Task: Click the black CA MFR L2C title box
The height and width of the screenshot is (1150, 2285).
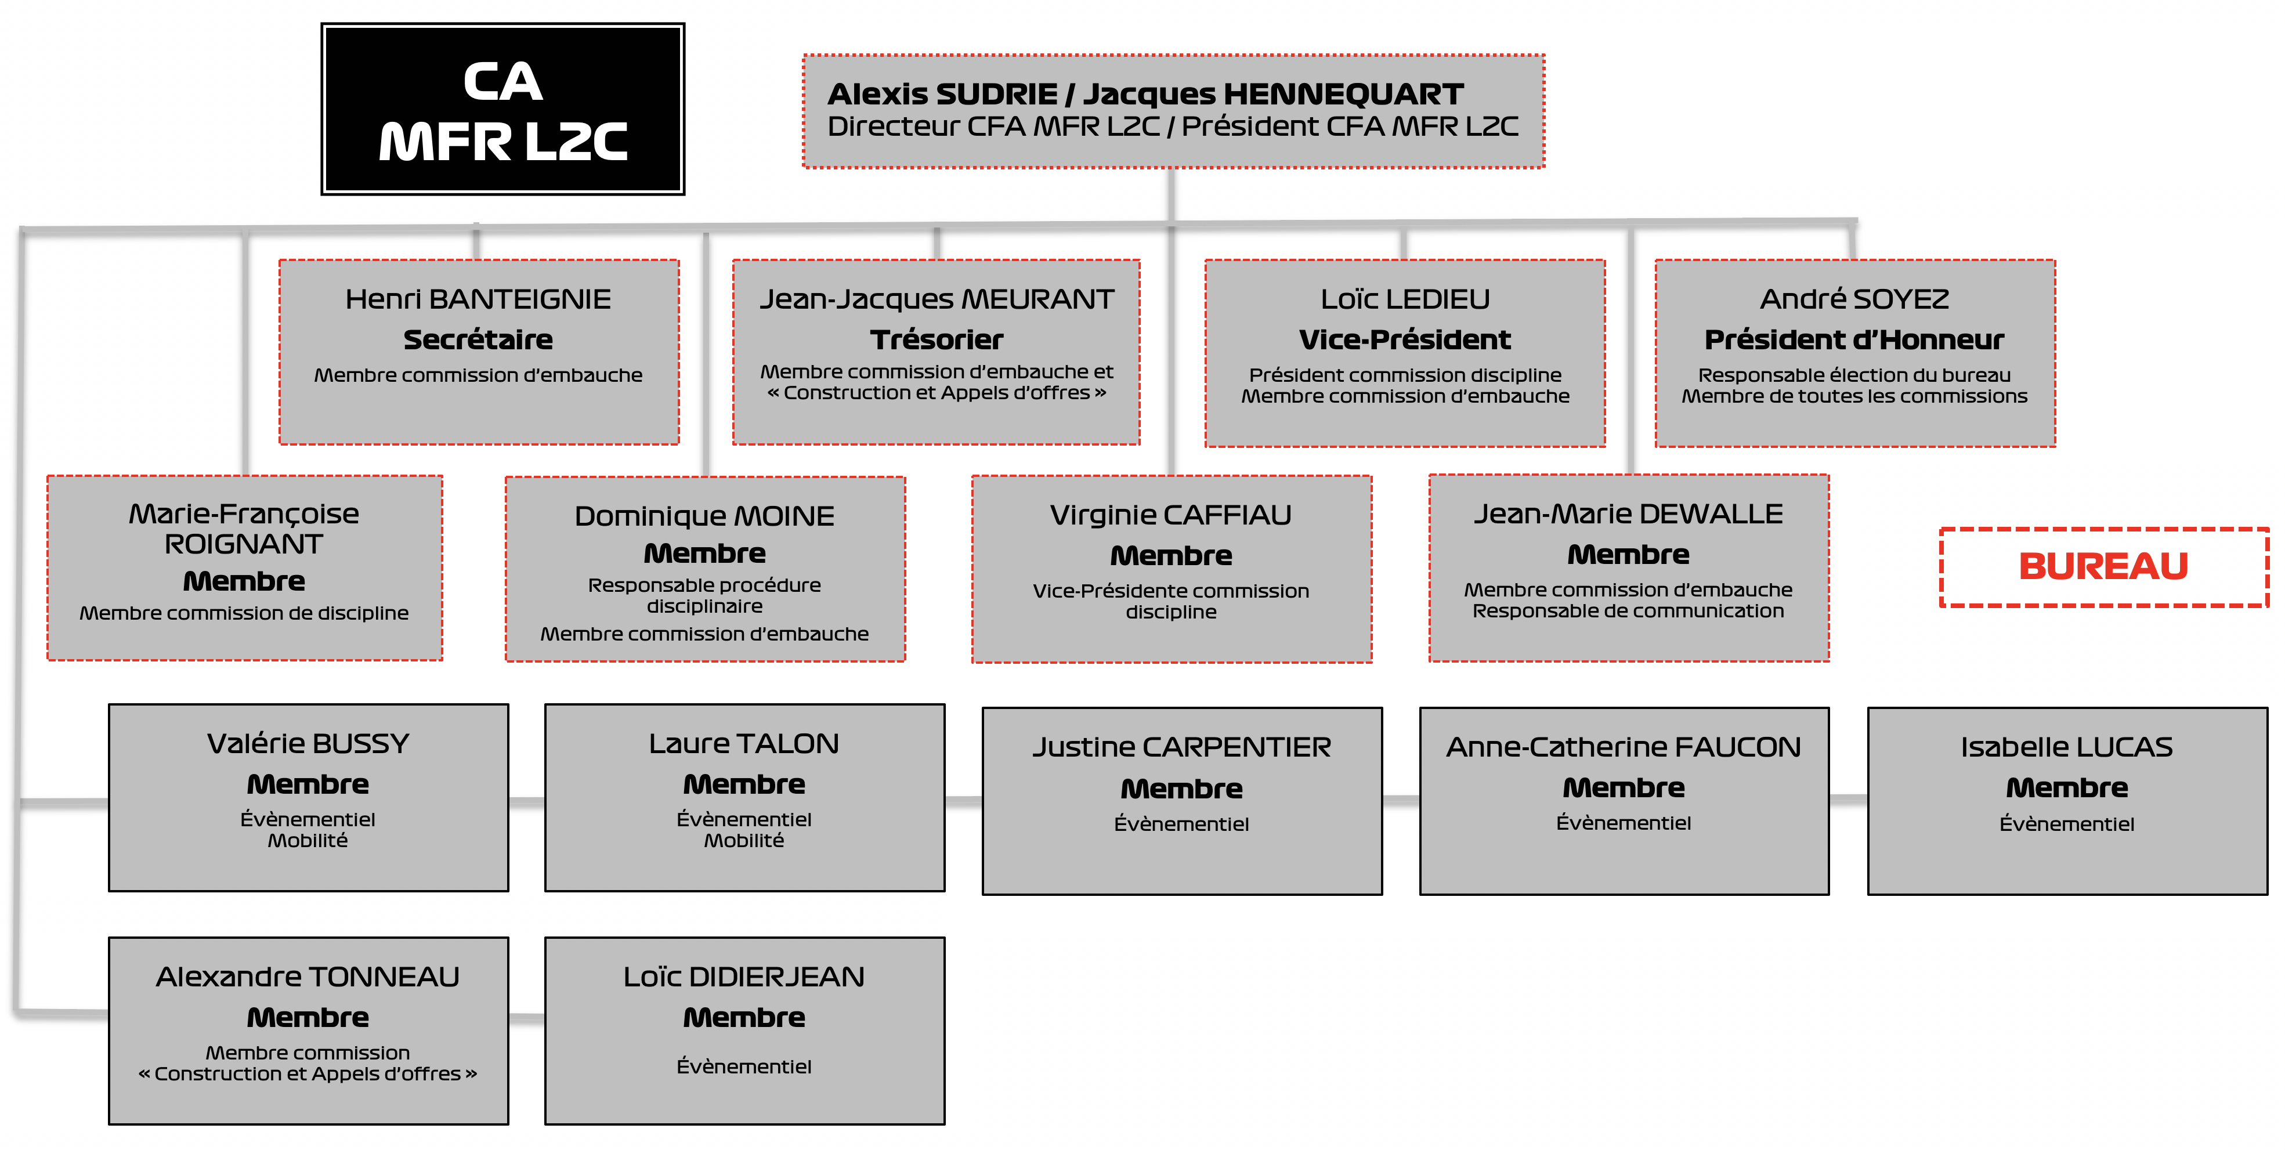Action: point(503,109)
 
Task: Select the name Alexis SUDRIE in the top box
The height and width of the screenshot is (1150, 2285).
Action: point(942,94)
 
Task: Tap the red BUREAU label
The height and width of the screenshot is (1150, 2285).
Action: point(2103,566)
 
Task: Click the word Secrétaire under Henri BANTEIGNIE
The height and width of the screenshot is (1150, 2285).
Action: point(478,339)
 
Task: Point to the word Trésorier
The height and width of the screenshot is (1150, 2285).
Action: point(937,339)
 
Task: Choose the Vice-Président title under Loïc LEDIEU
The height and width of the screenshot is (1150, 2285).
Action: point(1405,339)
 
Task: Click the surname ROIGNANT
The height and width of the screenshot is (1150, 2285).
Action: point(244,544)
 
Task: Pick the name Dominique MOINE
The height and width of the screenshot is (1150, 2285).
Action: point(704,516)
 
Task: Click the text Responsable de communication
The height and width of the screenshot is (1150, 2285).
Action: point(1628,611)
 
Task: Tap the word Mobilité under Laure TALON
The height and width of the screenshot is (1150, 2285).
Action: point(744,841)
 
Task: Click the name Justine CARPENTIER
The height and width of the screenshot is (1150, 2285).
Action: point(1181,747)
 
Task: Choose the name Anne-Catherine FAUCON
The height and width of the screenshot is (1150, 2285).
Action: point(1624,747)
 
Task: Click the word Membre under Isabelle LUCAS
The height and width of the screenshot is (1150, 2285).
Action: point(2067,787)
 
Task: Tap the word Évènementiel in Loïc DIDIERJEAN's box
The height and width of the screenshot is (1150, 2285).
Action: point(744,1066)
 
